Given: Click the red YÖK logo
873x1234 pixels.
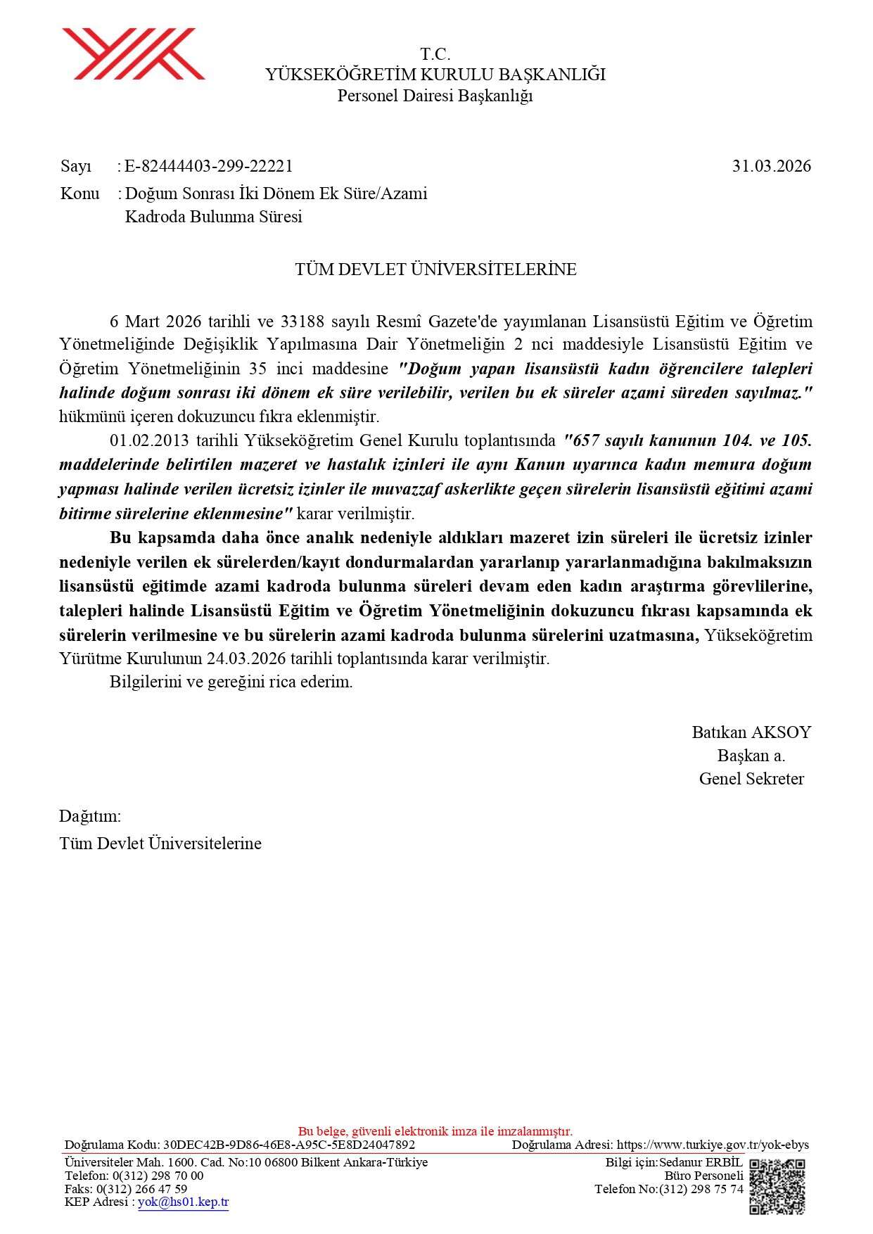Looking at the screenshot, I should (x=133, y=54).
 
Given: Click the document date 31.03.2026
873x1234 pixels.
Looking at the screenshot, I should (x=771, y=167).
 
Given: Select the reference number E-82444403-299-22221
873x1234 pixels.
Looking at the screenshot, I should (x=208, y=167).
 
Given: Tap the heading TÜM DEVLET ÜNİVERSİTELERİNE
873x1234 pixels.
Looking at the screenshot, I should (x=435, y=269).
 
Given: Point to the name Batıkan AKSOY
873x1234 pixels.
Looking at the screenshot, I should (x=751, y=732).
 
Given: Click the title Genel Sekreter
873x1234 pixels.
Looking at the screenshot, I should (x=751, y=779).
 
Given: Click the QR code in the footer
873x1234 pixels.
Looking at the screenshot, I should (x=777, y=1187).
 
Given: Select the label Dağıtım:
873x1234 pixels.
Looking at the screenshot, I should (x=90, y=816).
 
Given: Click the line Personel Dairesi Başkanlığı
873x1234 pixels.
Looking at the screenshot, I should (x=435, y=96).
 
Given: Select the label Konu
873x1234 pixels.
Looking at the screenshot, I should (x=80, y=193).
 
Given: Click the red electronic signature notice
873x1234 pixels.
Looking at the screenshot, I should (x=435, y=1131).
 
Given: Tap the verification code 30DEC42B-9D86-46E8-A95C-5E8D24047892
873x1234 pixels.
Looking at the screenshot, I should (x=288, y=1145).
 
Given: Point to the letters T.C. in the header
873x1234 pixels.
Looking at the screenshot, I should (x=435, y=54).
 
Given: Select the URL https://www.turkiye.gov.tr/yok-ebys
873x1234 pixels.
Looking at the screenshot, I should (x=713, y=1145).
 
